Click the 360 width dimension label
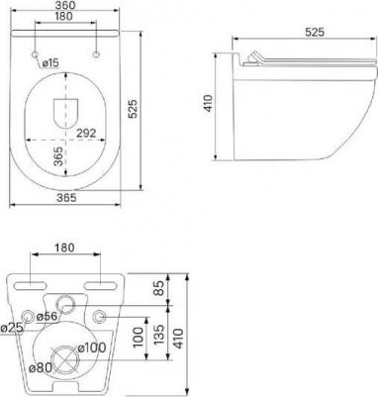click(x=65, y=5)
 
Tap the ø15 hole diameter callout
click(x=50, y=62)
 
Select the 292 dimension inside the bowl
click(x=86, y=133)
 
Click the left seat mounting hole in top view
click(x=35, y=54)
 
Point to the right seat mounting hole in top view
click(x=96, y=54)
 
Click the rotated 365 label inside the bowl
click(x=58, y=156)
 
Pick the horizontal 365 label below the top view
click(x=66, y=198)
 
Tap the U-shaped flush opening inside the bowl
click(x=65, y=113)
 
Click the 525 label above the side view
click(x=315, y=32)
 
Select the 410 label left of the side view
click(x=209, y=103)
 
